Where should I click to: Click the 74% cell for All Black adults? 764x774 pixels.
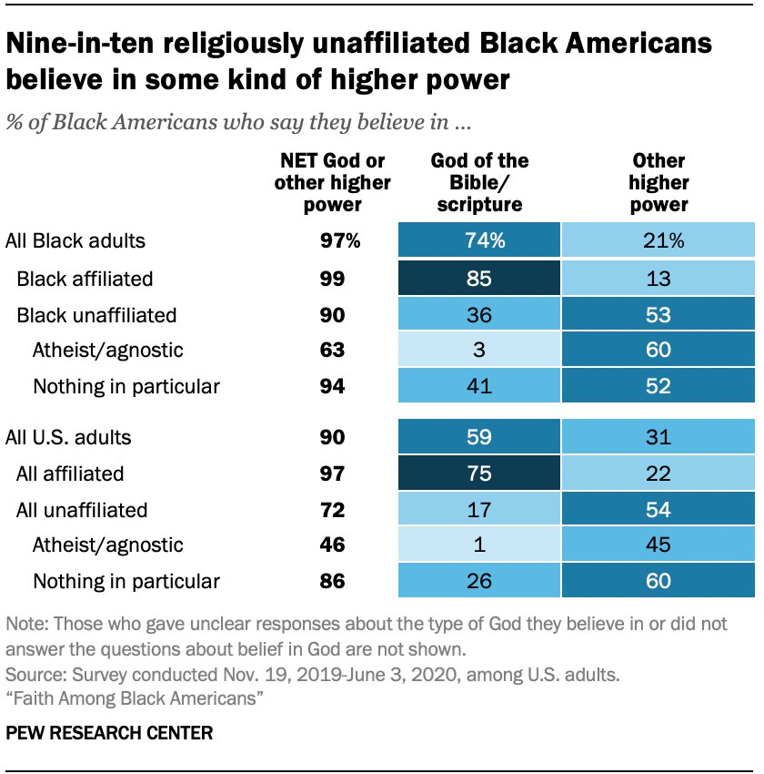click(478, 241)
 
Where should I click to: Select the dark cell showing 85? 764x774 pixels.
click(478, 279)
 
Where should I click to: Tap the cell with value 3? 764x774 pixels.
click(478, 350)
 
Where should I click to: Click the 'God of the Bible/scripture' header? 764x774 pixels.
click(479, 182)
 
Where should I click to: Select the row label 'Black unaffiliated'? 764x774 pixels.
click(96, 315)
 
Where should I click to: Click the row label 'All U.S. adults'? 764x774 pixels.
click(68, 437)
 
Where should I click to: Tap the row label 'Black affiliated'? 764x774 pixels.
click(85, 279)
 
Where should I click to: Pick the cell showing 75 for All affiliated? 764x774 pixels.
click(478, 474)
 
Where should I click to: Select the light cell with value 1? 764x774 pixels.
click(478, 545)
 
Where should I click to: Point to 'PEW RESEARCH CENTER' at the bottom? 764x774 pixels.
click(109, 731)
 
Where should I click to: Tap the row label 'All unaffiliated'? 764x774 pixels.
click(82, 510)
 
